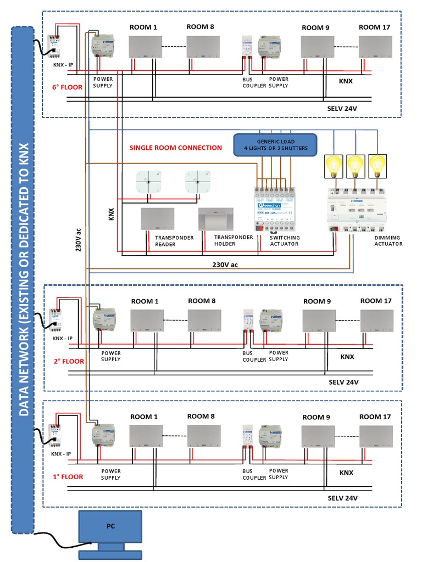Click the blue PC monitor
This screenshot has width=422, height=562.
pos(110,526)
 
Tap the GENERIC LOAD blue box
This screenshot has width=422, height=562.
pos(275,145)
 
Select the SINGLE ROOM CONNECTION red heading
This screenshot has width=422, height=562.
pos(175,148)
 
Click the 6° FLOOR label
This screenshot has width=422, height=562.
pos(68,87)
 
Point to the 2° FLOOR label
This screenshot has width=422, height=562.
pos(69,361)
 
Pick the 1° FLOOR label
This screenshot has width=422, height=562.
pos(68,476)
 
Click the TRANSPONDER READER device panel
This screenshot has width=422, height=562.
pos(158,219)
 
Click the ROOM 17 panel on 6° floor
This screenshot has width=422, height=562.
pos(376,47)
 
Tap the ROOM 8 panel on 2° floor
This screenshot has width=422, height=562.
pos(204,321)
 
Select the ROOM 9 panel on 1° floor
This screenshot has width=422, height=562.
pos(318,437)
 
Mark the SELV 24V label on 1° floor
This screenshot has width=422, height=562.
pos(343,498)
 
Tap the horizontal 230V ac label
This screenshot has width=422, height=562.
pos(225,265)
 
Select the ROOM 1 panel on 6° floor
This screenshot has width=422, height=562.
pos(146,47)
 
